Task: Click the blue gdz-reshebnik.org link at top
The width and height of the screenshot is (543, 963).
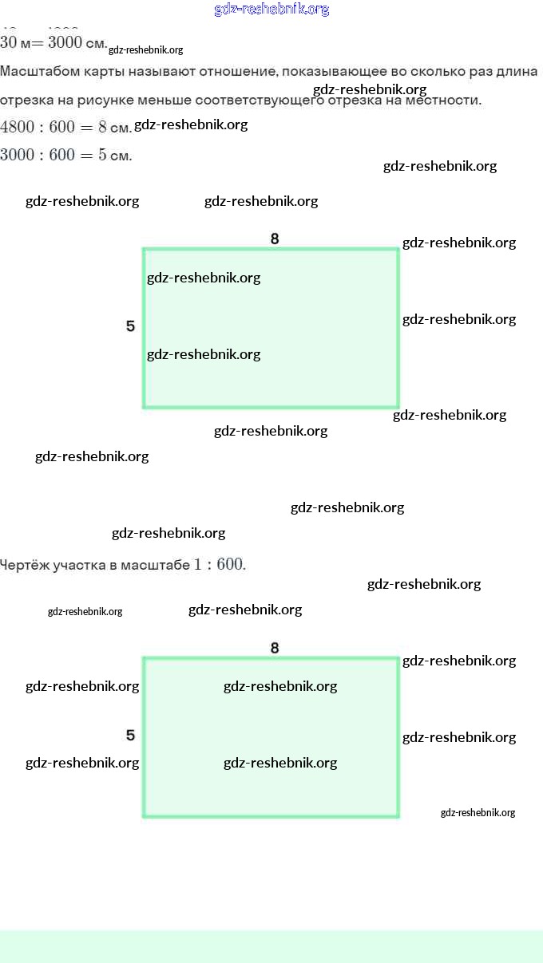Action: tap(271, 10)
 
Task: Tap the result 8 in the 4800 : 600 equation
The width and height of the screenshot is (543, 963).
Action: tap(102, 127)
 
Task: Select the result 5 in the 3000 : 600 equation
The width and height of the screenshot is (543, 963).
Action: tap(102, 155)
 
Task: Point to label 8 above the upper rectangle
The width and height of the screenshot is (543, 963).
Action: tap(275, 239)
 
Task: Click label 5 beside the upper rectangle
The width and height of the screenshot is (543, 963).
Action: tap(130, 326)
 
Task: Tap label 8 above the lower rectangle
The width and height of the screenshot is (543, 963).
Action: tap(275, 648)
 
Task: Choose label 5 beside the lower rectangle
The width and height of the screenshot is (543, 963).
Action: tap(130, 736)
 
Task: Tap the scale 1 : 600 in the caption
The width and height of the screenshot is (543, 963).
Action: tap(219, 565)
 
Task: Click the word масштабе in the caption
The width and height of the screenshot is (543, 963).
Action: tap(155, 565)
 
